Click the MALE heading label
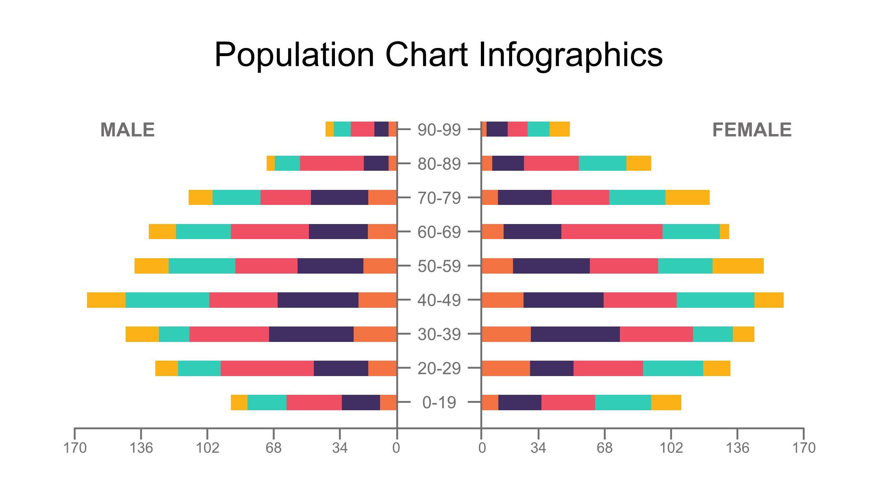[127, 130]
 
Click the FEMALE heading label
[752, 130]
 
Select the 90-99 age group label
[439, 130]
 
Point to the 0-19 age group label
[439, 403]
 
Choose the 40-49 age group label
[439, 300]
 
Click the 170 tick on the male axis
[75, 448]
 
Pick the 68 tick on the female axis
[604, 448]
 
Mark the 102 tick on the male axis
[207, 448]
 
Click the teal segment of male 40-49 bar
[167, 300]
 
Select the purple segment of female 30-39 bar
[575, 334]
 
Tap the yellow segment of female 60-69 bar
[724, 232]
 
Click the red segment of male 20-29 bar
[267, 368]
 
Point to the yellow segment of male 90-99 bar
[329, 129]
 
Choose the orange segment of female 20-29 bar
[506, 368]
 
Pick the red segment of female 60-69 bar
[612, 232]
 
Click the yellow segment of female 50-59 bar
[738, 266]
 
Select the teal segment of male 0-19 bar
[267, 403]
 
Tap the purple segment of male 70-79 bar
[339, 198]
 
